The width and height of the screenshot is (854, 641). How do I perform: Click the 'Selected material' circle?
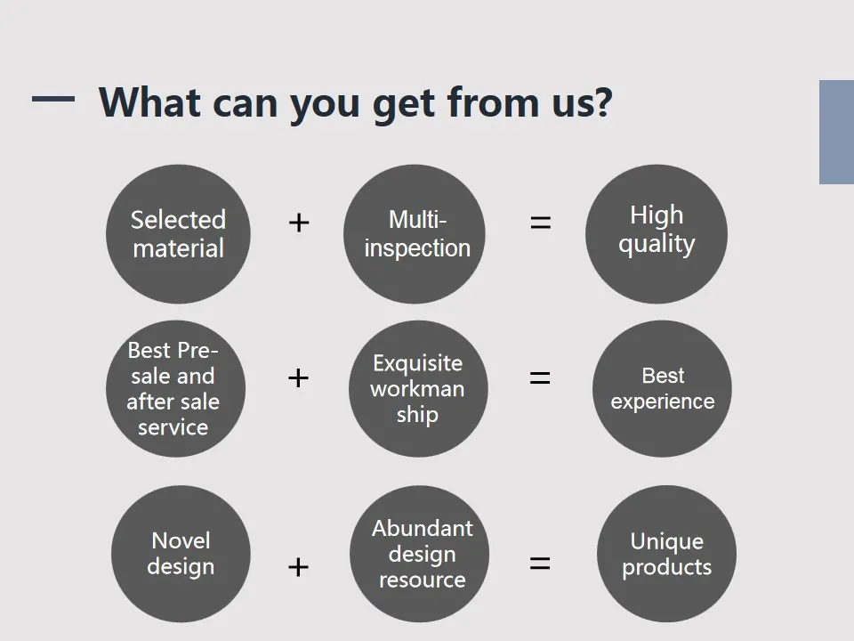coord(178,234)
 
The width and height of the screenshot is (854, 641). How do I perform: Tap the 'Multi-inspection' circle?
coord(415,234)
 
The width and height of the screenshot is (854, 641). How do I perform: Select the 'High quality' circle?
coord(657,234)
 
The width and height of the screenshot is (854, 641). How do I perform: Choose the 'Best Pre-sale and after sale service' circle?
coord(175,389)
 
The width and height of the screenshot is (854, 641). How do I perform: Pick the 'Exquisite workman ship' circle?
coord(418,389)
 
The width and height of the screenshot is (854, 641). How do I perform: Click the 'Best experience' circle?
coord(662,389)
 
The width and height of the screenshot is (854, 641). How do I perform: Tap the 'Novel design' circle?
coord(181,554)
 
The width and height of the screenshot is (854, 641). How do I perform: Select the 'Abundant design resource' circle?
coord(419,554)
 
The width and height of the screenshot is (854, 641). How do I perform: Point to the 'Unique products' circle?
coord(666,554)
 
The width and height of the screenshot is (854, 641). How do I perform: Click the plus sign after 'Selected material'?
coord(299,223)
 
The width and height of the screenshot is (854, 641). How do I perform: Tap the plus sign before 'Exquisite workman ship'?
coord(299,377)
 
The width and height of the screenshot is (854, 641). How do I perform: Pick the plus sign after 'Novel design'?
coord(299,567)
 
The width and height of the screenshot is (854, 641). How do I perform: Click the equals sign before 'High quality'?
coord(540,223)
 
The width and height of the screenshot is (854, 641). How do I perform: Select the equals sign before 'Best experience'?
coord(540,377)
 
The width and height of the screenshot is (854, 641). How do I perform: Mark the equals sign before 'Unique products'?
coord(540,563)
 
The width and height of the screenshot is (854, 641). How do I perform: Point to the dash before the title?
coord(53,99)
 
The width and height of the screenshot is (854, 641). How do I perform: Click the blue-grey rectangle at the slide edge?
coord(836,132)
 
